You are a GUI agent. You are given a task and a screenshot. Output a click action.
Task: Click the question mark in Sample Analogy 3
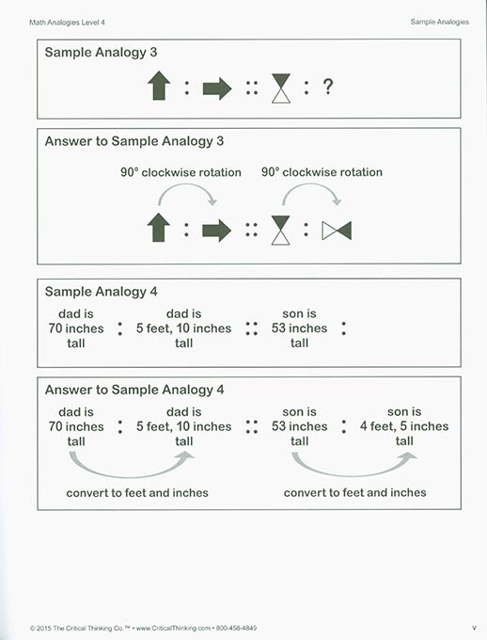click(328, 88)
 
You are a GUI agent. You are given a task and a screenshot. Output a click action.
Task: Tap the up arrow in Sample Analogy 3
click(158, 87)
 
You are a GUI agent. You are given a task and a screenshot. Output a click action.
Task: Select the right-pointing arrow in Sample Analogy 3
click(217, 88)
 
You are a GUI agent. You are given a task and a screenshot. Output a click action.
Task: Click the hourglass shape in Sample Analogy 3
click(280, 88)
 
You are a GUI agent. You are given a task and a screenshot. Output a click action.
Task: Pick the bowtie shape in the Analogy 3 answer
click(336, 231)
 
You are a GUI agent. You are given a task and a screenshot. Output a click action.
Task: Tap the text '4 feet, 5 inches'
click(405, 426)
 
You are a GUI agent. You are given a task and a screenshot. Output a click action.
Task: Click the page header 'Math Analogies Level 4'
click(67, 21)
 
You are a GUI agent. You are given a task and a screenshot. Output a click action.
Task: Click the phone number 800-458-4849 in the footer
click(236, 628)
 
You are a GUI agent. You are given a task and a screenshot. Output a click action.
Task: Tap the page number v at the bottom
click(474, 628)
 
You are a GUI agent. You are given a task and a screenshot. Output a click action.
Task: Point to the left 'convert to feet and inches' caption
click(137, 492)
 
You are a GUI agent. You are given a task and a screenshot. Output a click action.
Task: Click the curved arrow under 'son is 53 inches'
click(353, 464)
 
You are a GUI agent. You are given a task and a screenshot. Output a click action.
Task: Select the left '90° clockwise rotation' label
click(181, 172)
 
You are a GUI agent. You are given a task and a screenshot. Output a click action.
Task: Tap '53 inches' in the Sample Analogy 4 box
click(299, 328)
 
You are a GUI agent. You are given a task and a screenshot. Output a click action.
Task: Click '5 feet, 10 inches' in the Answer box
click(184, 426)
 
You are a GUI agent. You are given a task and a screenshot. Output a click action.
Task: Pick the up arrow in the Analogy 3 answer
click(158, 229)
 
